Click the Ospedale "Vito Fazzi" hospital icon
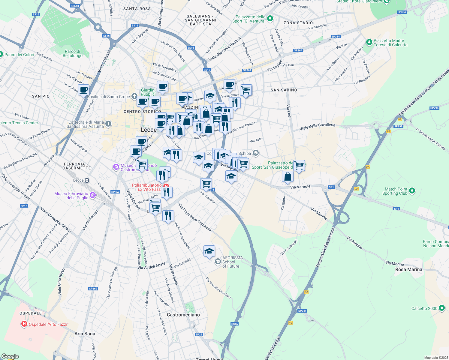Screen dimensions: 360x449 (x=24, y=324)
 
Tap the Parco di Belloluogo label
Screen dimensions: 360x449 (x=73, y=53)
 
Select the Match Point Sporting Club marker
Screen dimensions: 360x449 (x=412, y=190)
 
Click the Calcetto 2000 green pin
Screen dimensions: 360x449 (x=441, y=308)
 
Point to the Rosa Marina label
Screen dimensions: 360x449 (x=408, y=269)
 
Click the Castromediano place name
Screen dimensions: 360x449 (x=183, y=315)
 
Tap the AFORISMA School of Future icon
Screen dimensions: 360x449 (x=218, y=262)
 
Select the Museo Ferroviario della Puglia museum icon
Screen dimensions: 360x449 (x=92, y=196)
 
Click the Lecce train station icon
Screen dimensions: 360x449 (x=87, y=180)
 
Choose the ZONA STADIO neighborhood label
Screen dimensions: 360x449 (x=298, y=23)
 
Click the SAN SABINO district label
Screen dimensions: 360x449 (x=284, y=90)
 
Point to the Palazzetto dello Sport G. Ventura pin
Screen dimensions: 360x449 (x=270, y=19)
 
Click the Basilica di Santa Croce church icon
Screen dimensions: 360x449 (x=134, y=96)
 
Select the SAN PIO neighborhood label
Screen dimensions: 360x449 (x=41, y=96)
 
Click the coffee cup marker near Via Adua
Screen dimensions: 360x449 (x=84, y=90)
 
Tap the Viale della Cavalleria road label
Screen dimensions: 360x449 (x=317, y=127)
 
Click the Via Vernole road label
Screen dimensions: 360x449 (x=300, y=187)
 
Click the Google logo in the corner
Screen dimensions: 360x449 (x=10, y=356)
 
